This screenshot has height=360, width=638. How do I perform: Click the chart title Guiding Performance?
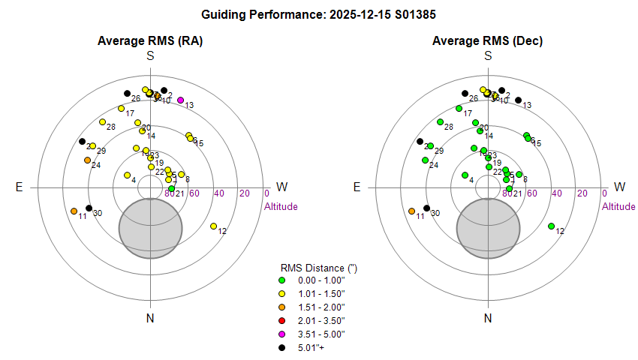pos(319,14)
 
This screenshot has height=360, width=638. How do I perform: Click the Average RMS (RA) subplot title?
pos(150,40)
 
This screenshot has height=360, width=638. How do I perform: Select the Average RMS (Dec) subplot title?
pos(488,40)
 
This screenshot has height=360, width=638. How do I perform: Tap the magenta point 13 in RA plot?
pos(180,100)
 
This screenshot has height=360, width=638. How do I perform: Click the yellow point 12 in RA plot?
pos(214,226)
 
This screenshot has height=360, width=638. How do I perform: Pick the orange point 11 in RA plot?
pos(74,211)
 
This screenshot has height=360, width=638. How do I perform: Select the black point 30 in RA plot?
pos(89,208)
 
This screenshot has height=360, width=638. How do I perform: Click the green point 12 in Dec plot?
pos(552,226)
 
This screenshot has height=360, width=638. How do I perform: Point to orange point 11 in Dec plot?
pos(411,211)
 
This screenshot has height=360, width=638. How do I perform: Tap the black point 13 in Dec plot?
pos(518,100)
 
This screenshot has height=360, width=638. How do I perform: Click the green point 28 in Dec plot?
pos(439,121)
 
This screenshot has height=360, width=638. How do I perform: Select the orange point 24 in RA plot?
pos(87,160)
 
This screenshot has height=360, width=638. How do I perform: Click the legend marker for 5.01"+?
pos(282,347)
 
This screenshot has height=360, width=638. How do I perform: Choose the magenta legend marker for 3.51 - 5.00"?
pos(282,334)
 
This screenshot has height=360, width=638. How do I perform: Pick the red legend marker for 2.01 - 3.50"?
pos(282,320)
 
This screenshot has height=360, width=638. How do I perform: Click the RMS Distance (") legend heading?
pos(314,268)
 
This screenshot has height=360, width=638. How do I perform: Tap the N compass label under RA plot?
pos(150,318)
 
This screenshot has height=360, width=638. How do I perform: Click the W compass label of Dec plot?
pos(619,187)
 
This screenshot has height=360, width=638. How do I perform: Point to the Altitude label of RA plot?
pos(281,206)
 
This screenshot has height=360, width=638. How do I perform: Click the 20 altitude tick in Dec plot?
pos(582,193)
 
